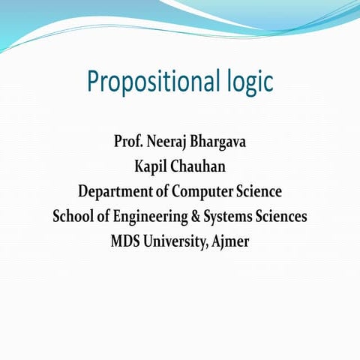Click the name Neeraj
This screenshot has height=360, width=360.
tap(169, 140)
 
